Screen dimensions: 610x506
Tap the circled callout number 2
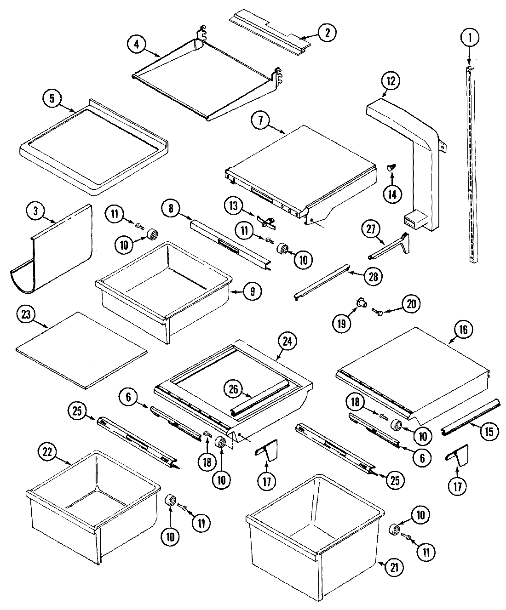pos(327,33)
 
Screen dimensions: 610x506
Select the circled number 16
pos(463,330)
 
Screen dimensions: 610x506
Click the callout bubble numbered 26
pos(234,388)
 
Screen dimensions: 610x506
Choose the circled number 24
pos(287,342)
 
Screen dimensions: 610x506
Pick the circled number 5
pos(52,98)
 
